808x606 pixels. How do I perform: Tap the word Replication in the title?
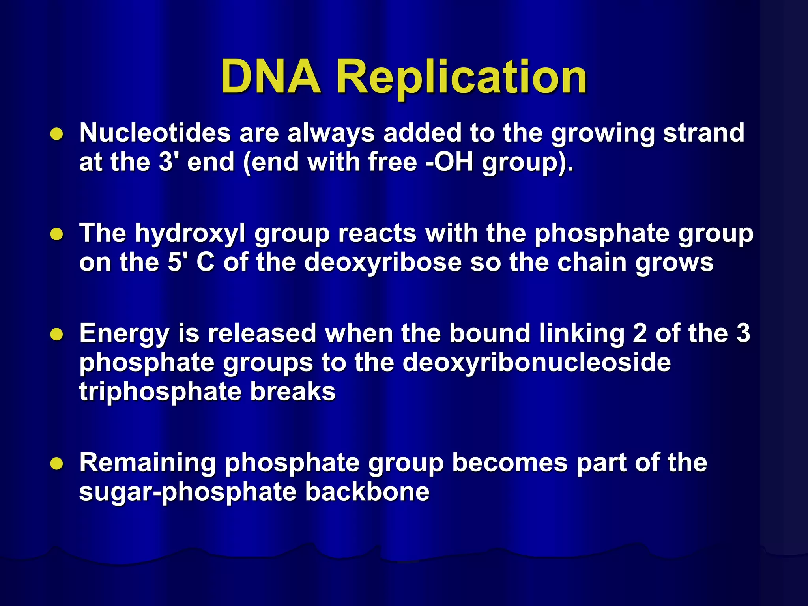coord(462,78)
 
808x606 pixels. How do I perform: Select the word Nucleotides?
coord(155,133)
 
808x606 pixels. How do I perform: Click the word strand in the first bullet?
coord(703,133)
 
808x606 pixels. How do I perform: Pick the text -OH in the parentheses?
coord(449,162)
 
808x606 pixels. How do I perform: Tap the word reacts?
coord(377,233)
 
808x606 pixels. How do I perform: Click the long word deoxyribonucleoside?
coord(537,363)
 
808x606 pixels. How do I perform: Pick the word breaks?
coord(293,392)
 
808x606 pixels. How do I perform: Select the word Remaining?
coord(148,464)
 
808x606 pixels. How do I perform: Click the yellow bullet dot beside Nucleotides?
coord(57,134)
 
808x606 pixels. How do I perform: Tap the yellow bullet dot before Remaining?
coord(57,464)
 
